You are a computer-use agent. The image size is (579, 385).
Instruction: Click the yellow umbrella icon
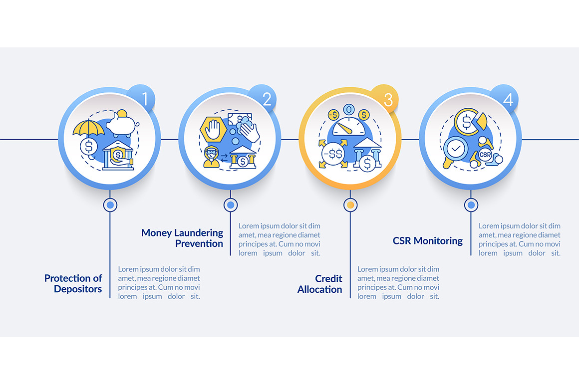pyautogui.click(x=88, y=127)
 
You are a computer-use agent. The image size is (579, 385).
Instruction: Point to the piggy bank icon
pyautogui.click(x=122, y=122)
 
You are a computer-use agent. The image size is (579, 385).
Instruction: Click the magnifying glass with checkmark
pyautogui.click(x=455, y=150)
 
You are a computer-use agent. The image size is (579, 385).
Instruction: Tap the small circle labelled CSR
pyautogui.click(x=485, y=155)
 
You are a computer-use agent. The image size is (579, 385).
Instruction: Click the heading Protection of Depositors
pyautogui.click(x=73, y=283)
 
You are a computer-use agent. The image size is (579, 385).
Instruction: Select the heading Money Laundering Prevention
pyautogui.click(x=182, y=238)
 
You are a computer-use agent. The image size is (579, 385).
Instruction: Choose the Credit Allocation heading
pyautogui.click(x=320, y=284)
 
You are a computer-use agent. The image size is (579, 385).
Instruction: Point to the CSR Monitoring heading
pyautogui.click(x=428, y=241)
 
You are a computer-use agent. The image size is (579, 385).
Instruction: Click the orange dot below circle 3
pyautogui.click(x=350, y=204)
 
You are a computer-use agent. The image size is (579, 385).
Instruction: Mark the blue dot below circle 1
pyautogui.click(x=110, y=204)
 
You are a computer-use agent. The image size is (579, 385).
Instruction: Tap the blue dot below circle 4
pyautogui.click(x=471, y=204)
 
